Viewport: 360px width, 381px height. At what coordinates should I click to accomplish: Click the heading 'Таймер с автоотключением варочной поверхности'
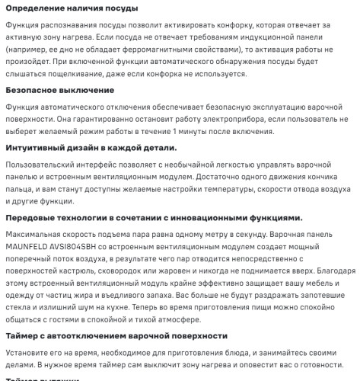(x=116, y=335)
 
